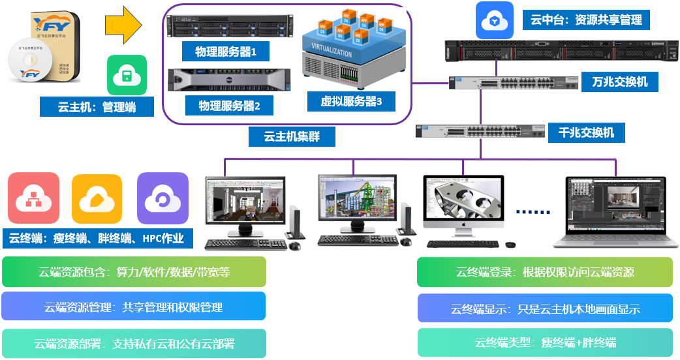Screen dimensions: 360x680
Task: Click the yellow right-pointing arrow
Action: [123, 25]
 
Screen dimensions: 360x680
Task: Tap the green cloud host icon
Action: [127, 75]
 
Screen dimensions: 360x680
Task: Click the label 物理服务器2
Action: [228, 105]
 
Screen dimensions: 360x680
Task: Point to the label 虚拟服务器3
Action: [350, 101]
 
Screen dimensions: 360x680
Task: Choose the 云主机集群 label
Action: [292, 136]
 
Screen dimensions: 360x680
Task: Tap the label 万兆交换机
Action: [620, 82]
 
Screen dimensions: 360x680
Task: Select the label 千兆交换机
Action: [586, 133]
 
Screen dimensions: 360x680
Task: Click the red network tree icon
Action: [33, 198]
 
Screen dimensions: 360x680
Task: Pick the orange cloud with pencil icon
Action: [97, 198]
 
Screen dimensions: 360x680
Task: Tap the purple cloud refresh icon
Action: [162, 198]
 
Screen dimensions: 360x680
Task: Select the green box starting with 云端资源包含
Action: [134, 272]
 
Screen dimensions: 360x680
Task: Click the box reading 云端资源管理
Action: [134, 307]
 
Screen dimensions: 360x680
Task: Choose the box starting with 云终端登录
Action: [545, 272]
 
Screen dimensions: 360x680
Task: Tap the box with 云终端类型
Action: [545, 342]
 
